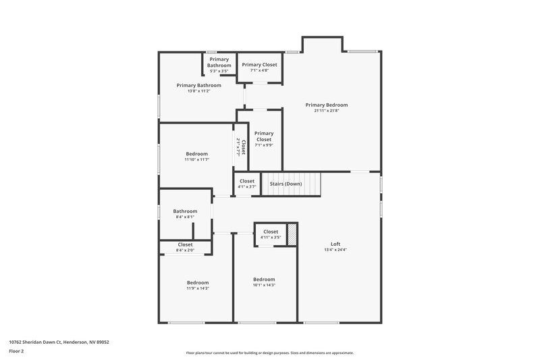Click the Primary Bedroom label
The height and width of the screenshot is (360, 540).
[x=326, y=105]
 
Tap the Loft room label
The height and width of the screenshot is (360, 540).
[x=335, y=244]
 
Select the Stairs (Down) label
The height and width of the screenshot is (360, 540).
[x=286, y=184]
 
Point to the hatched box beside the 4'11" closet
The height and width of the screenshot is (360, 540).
[x=292, y=234]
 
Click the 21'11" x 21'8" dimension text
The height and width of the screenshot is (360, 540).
[x=326, y=111]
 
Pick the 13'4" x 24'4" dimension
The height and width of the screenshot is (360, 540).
[x=335, y=250]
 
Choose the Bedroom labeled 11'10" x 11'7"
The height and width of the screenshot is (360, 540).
[x=196, y=156]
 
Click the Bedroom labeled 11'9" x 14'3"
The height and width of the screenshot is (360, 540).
[x=198, y=285]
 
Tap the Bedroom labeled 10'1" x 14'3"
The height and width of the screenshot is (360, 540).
[x=264, y=282]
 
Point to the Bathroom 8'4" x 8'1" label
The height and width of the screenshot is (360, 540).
[x=184, y=213]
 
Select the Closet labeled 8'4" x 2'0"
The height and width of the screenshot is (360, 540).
[x=185, y=247]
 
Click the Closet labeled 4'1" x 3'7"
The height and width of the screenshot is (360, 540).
[x=247, y=183]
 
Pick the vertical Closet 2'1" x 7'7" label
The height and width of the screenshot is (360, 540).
[x=241, y=148]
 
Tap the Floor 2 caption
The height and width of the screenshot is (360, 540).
[x=17, y=352]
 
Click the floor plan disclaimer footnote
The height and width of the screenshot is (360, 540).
[x=269, y=353]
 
